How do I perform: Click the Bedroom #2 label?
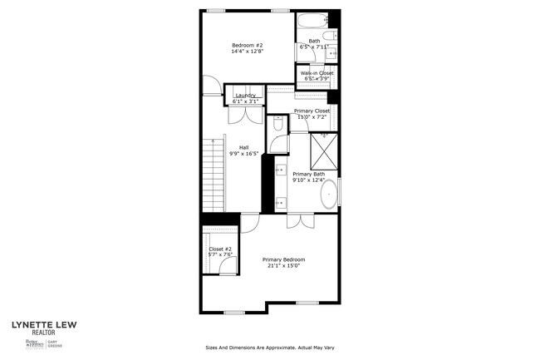[247, 45]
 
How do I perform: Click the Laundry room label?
[245, 95]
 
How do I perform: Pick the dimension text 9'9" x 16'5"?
[243, 153]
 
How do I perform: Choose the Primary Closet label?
[312, 111]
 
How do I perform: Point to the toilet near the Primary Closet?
[277, 124]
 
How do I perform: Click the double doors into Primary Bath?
[299, 220]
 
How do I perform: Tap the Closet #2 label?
[219, 249]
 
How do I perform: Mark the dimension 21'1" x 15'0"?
[283, 266]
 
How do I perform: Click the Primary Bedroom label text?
[283, 259]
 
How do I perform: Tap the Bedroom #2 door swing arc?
[214, 86]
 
